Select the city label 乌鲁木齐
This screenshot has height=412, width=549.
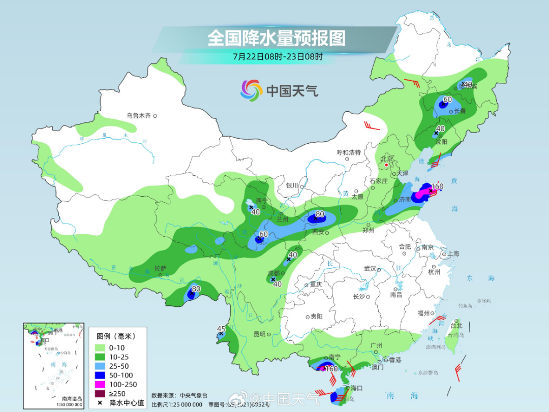[x=139, y=116]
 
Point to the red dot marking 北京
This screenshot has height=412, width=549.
[x=387, y=165]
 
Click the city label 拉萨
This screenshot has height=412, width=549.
[x=160, y=268]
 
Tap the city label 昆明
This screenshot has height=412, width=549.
[x=259, y=334]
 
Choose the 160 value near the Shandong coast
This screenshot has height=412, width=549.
[x=437, y=186]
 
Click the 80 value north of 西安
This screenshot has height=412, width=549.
[x=320, y=214]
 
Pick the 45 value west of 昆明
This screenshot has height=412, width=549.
[x=221, y=328]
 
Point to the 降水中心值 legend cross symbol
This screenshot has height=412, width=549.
[x=100, y=403]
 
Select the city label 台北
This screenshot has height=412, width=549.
[x=457, y=326]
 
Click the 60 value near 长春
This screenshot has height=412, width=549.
[x=447, y=100]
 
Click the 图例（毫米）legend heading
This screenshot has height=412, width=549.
[x=115, y=336]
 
